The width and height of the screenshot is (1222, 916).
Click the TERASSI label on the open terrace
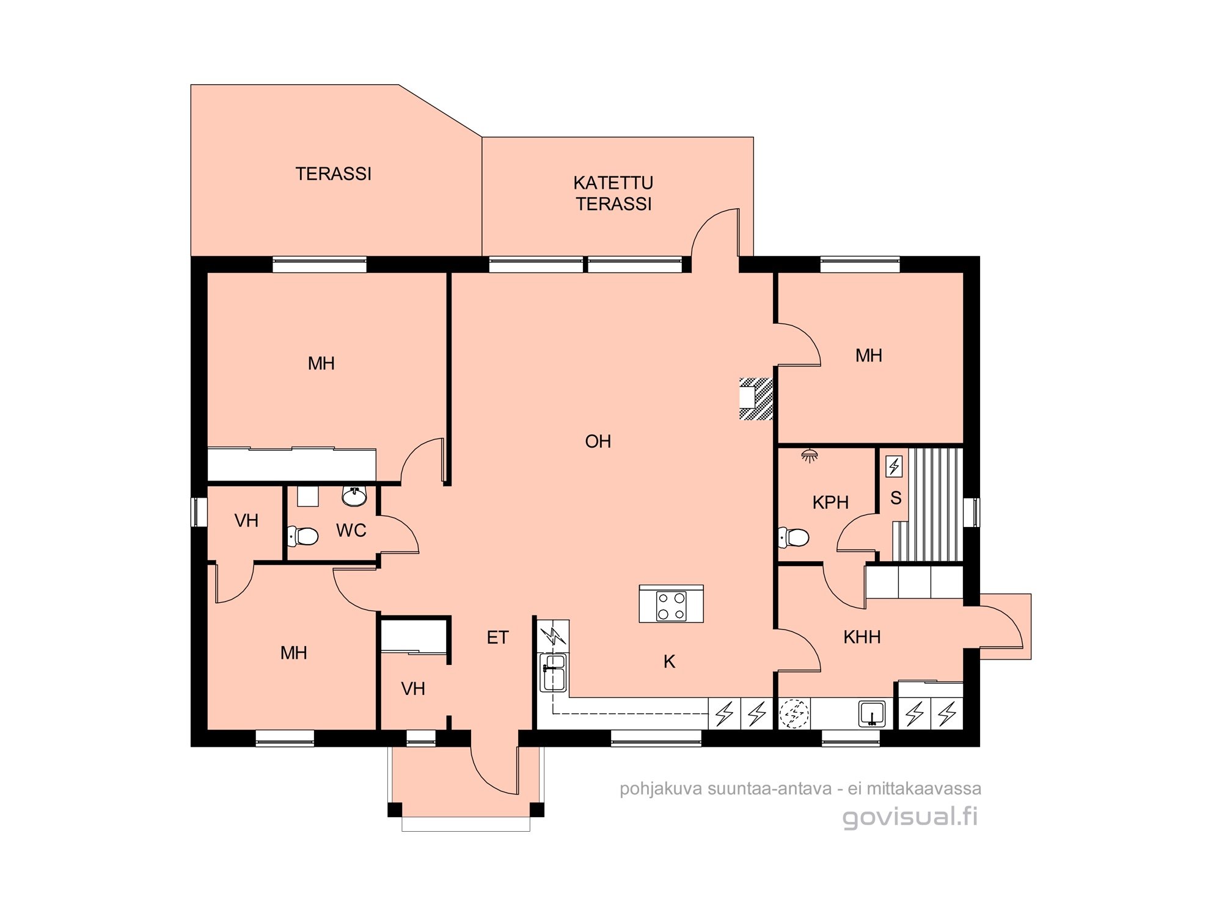coord(334,174)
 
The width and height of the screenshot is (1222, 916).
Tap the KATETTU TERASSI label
coord(613,193)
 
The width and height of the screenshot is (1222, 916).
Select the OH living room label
coord(598,442)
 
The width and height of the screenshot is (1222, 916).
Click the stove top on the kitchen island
coord(671,606)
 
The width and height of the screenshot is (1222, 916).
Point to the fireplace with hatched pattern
coord(756,399)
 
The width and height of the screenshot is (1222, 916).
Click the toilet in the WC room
coord(304,537)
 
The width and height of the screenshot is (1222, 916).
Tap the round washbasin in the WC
coord(354,496)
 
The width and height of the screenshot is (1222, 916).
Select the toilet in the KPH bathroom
coord(794,538)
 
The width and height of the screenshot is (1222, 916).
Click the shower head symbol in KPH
coord(810,456)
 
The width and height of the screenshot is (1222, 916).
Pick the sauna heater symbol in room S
coord(894,467)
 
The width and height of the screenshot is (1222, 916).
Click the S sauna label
coord(896,498)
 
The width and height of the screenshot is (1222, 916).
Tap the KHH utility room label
coord(862,638)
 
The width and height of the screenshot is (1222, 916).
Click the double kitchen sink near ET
coord(554,672)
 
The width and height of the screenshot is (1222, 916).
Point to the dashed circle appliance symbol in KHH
coord(794,713)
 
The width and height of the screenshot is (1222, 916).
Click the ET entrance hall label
coord(497,638)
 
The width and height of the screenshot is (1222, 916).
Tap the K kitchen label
coord(670,661)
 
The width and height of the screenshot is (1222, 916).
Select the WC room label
coord(351,531)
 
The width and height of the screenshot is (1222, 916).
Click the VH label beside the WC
coord(246,521)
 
